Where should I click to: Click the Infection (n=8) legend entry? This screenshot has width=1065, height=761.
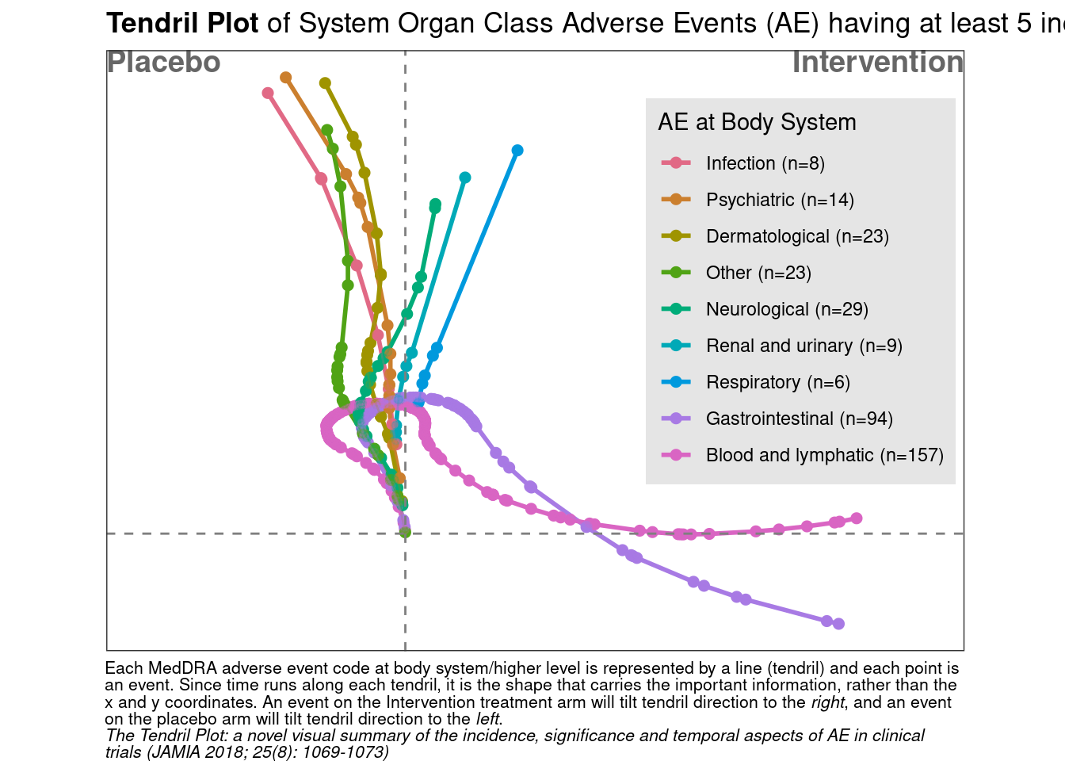tap(742, 163)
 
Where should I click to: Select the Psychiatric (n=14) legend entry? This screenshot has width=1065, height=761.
tap(758, 200)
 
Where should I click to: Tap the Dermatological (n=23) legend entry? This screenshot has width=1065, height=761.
tap(775, 236)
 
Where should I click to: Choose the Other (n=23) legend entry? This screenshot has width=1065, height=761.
tap(736, 273)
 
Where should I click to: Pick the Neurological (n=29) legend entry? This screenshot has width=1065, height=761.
tap(765, 309)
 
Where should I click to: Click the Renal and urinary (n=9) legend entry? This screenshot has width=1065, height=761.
tap(781, 346)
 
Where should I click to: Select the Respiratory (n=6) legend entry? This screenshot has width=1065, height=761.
tap(755, 382)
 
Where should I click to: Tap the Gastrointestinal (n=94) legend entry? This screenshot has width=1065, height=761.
tap(777, 419)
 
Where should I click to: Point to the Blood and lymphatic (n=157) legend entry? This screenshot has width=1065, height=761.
tap(803, 455)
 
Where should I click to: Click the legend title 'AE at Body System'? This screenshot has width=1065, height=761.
tap(757, 122)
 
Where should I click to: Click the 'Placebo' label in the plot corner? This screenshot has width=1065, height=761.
tap(163, 63)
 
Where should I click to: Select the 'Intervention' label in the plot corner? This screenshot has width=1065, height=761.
tap(878, 63)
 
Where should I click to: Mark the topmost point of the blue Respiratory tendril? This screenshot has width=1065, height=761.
tap(517, 151)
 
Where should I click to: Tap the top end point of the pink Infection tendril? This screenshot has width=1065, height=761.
tap(268, 93)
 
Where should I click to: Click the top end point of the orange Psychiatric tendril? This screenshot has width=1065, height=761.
tap(286, 77)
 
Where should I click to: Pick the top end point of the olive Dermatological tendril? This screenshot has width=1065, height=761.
tap(325, 83)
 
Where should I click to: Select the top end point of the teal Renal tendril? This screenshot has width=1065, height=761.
tap(465, 178)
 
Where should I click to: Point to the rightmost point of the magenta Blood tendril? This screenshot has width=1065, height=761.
tap(857, 518)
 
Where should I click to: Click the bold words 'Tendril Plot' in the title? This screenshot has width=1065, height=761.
tap(182, 23)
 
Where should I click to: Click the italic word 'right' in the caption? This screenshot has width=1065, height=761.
tap(828, 702)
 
